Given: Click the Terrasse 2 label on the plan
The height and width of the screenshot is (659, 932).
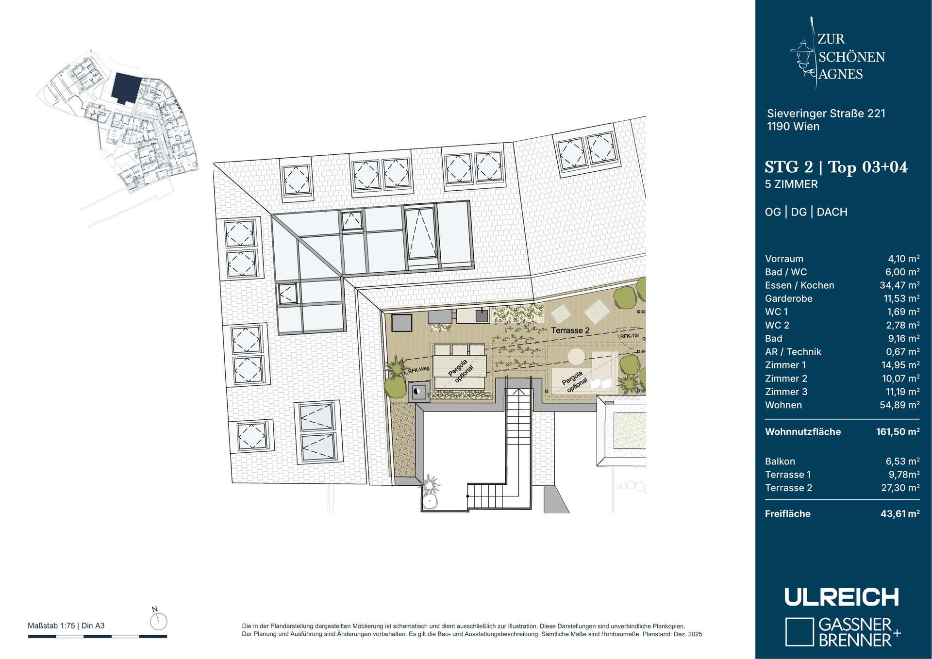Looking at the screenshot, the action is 570,330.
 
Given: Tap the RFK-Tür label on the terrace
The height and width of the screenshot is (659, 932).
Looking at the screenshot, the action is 630,336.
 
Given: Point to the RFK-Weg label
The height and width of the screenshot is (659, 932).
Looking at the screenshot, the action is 418,370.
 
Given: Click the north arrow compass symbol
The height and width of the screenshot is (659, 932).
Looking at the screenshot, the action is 158,621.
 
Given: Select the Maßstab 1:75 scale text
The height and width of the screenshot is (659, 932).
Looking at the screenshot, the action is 51,626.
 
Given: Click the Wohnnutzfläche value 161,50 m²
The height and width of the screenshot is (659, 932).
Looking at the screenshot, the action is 898,431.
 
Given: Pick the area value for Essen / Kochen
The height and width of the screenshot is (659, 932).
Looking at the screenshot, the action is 899,285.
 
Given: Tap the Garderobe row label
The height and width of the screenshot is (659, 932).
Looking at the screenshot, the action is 788,299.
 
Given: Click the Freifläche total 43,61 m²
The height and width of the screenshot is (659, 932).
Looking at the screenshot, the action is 900,513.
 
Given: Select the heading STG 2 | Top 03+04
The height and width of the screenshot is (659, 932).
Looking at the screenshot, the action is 836,167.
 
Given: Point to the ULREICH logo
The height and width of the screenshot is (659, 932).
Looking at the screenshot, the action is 842,597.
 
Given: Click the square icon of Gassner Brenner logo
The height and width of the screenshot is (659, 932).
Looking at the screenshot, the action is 799,632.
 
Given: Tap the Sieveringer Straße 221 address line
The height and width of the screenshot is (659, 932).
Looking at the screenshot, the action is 826,114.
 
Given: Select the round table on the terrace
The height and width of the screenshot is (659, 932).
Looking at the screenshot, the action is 576,357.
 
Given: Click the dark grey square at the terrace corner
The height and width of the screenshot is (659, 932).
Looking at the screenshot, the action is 401,323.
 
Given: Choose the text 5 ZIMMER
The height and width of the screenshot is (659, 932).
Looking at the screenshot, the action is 791,184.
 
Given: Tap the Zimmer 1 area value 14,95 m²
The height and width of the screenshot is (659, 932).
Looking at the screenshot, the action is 900,365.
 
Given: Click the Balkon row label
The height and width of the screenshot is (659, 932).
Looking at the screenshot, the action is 780,461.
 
